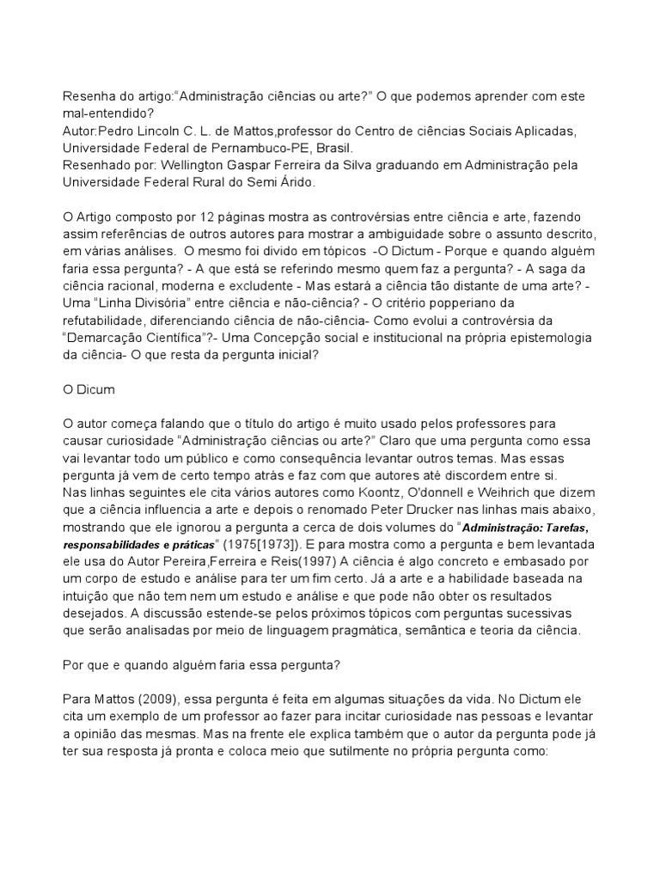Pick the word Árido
pyautogui.click(x=295, y=182)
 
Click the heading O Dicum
pyautogui.click(x=90, y=389)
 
